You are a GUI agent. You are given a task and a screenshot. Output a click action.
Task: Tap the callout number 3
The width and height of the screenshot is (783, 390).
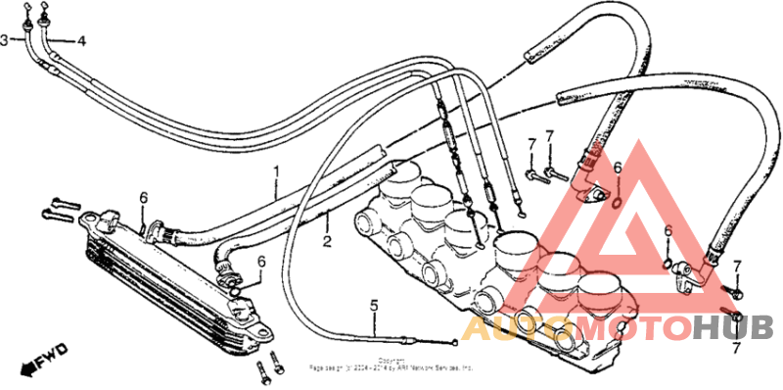tap(5, 40)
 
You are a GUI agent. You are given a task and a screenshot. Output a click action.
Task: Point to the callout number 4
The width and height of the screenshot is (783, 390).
tap(81, 41)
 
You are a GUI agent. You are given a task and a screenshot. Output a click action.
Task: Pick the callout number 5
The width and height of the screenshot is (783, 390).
tap(373, 305)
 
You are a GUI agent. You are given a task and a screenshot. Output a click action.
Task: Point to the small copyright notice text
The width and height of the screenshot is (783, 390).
tap(391, 365)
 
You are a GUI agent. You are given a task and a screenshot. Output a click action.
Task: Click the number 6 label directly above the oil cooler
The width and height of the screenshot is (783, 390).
tap(143, 199)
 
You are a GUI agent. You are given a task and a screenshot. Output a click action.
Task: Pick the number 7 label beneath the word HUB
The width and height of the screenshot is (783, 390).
tap(735, 347)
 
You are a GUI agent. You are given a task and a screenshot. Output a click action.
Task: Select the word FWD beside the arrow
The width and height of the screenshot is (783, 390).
tap(54, 354)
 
